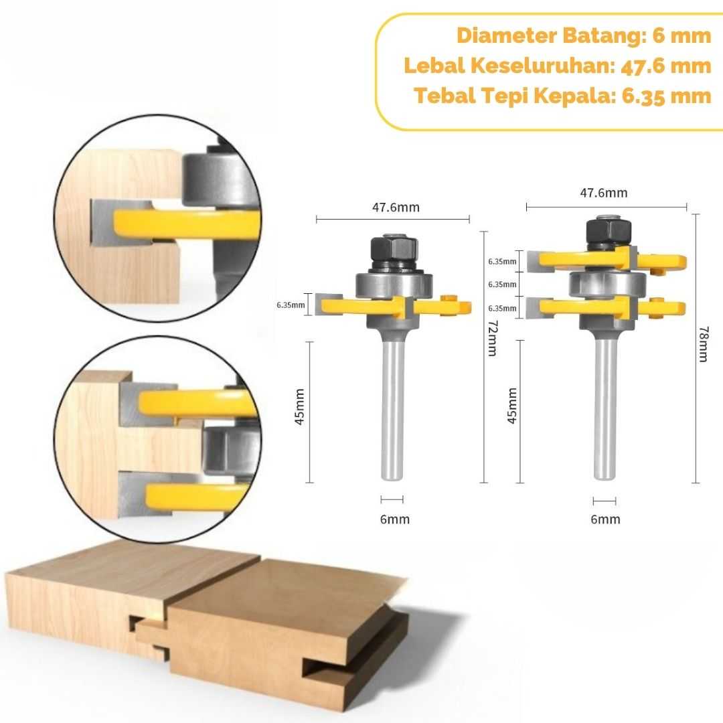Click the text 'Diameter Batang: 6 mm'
[584, 35]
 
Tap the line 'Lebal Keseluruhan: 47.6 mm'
[558, 66]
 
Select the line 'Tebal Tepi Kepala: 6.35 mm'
[562, 96]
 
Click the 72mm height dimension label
[493, 338]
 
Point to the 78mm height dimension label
[704, 344]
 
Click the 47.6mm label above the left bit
[396, 207]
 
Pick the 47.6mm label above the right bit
[604, 193]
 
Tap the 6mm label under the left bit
[395, 519]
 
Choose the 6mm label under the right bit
[605, 519]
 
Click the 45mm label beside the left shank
[299, 407]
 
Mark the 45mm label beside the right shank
[512, 405]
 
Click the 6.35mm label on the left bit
[291, 305]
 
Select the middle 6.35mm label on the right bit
[502, 285]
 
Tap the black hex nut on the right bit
[608, 234]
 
